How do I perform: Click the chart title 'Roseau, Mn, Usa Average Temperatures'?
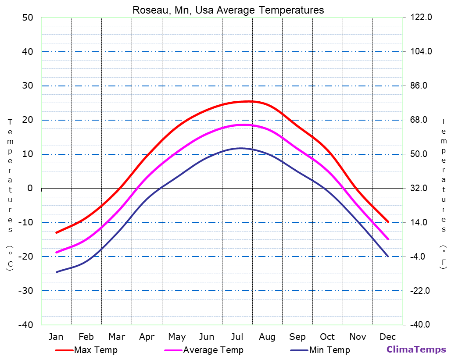tap(228, 10)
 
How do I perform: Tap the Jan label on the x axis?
tap(56, 337)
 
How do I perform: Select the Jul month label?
tap(237, 337)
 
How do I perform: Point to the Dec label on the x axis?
tap(388, 337)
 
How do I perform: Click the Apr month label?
tap(147, 337)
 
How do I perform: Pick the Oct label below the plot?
tap(327, 337)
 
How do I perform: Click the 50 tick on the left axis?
tap(27, 18)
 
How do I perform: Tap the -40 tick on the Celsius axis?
tap(25, 325)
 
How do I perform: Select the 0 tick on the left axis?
tap(30, 188)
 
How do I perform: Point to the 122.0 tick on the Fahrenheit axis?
tap(421, 18)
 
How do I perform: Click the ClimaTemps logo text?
tap(416, 349)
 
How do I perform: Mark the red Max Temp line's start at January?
tap(56, 232)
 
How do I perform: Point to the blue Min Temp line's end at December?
tap(388, 256)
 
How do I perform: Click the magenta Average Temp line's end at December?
tap(388, 239)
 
